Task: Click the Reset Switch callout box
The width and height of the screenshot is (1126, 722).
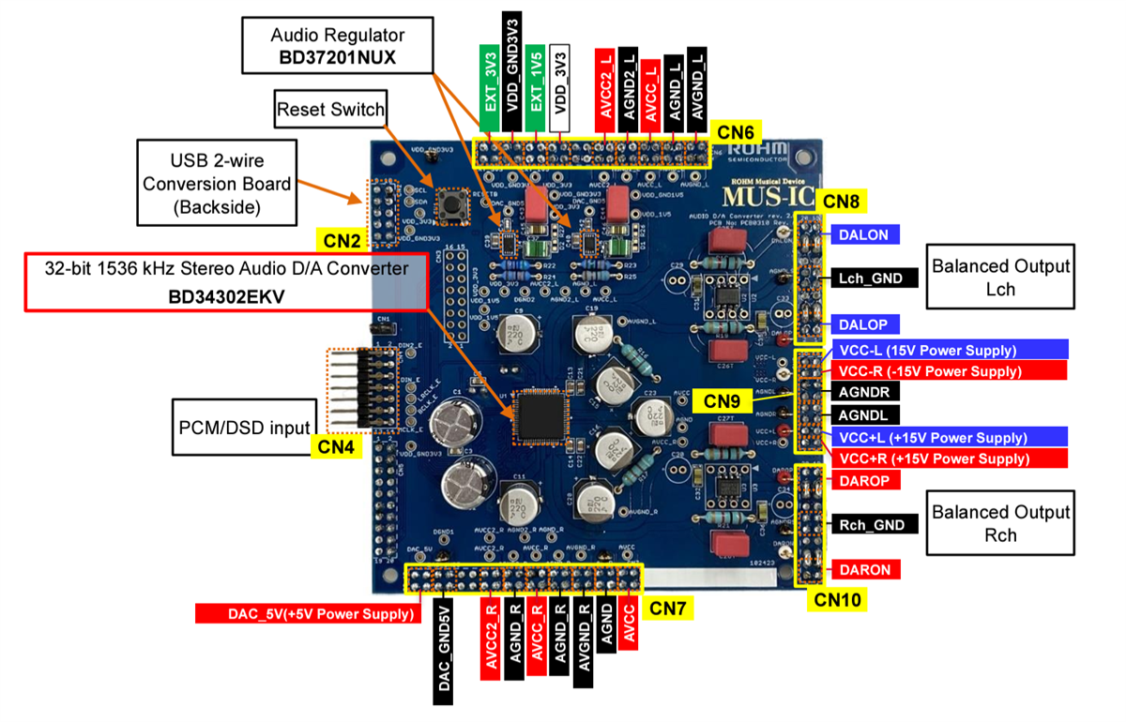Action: click(330, 110)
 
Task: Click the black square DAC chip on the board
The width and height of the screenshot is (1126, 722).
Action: click(540, 415)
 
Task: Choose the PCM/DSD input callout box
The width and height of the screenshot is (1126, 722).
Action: click(242, 428)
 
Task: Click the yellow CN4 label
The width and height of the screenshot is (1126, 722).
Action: click(335, 446)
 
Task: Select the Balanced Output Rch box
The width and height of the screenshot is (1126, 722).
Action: click(1000, 524)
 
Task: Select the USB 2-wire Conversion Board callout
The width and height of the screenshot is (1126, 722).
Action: click(204, 183)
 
